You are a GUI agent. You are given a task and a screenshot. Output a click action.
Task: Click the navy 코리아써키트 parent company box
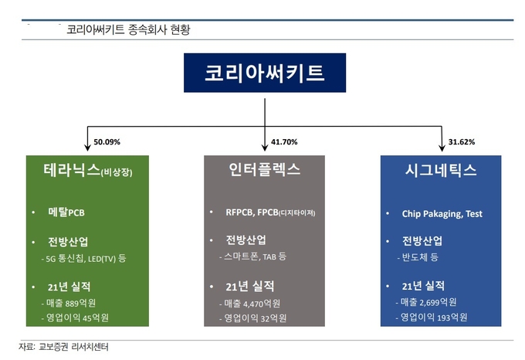(265, 73)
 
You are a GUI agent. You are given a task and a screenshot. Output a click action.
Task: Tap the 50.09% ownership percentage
(107, 142)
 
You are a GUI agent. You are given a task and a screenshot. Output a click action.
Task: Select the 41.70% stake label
(284, 142)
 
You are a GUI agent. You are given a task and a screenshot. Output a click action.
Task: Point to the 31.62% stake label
(462, 142)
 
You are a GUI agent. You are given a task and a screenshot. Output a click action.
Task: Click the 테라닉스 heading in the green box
(72, 169)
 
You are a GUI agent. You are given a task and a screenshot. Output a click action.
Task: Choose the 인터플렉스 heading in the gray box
(265, 169)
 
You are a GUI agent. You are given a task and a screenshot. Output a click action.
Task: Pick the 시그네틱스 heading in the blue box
(441, 170)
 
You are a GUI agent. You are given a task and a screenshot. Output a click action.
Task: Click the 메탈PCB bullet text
(66, 212)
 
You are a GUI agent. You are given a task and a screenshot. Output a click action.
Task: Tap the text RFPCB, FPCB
(252, 212)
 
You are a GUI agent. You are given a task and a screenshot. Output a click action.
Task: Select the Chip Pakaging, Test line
(442, 214)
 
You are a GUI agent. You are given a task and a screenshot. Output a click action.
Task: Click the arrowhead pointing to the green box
(87, 148)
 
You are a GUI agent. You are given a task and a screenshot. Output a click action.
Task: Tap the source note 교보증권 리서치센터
(73, 347)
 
